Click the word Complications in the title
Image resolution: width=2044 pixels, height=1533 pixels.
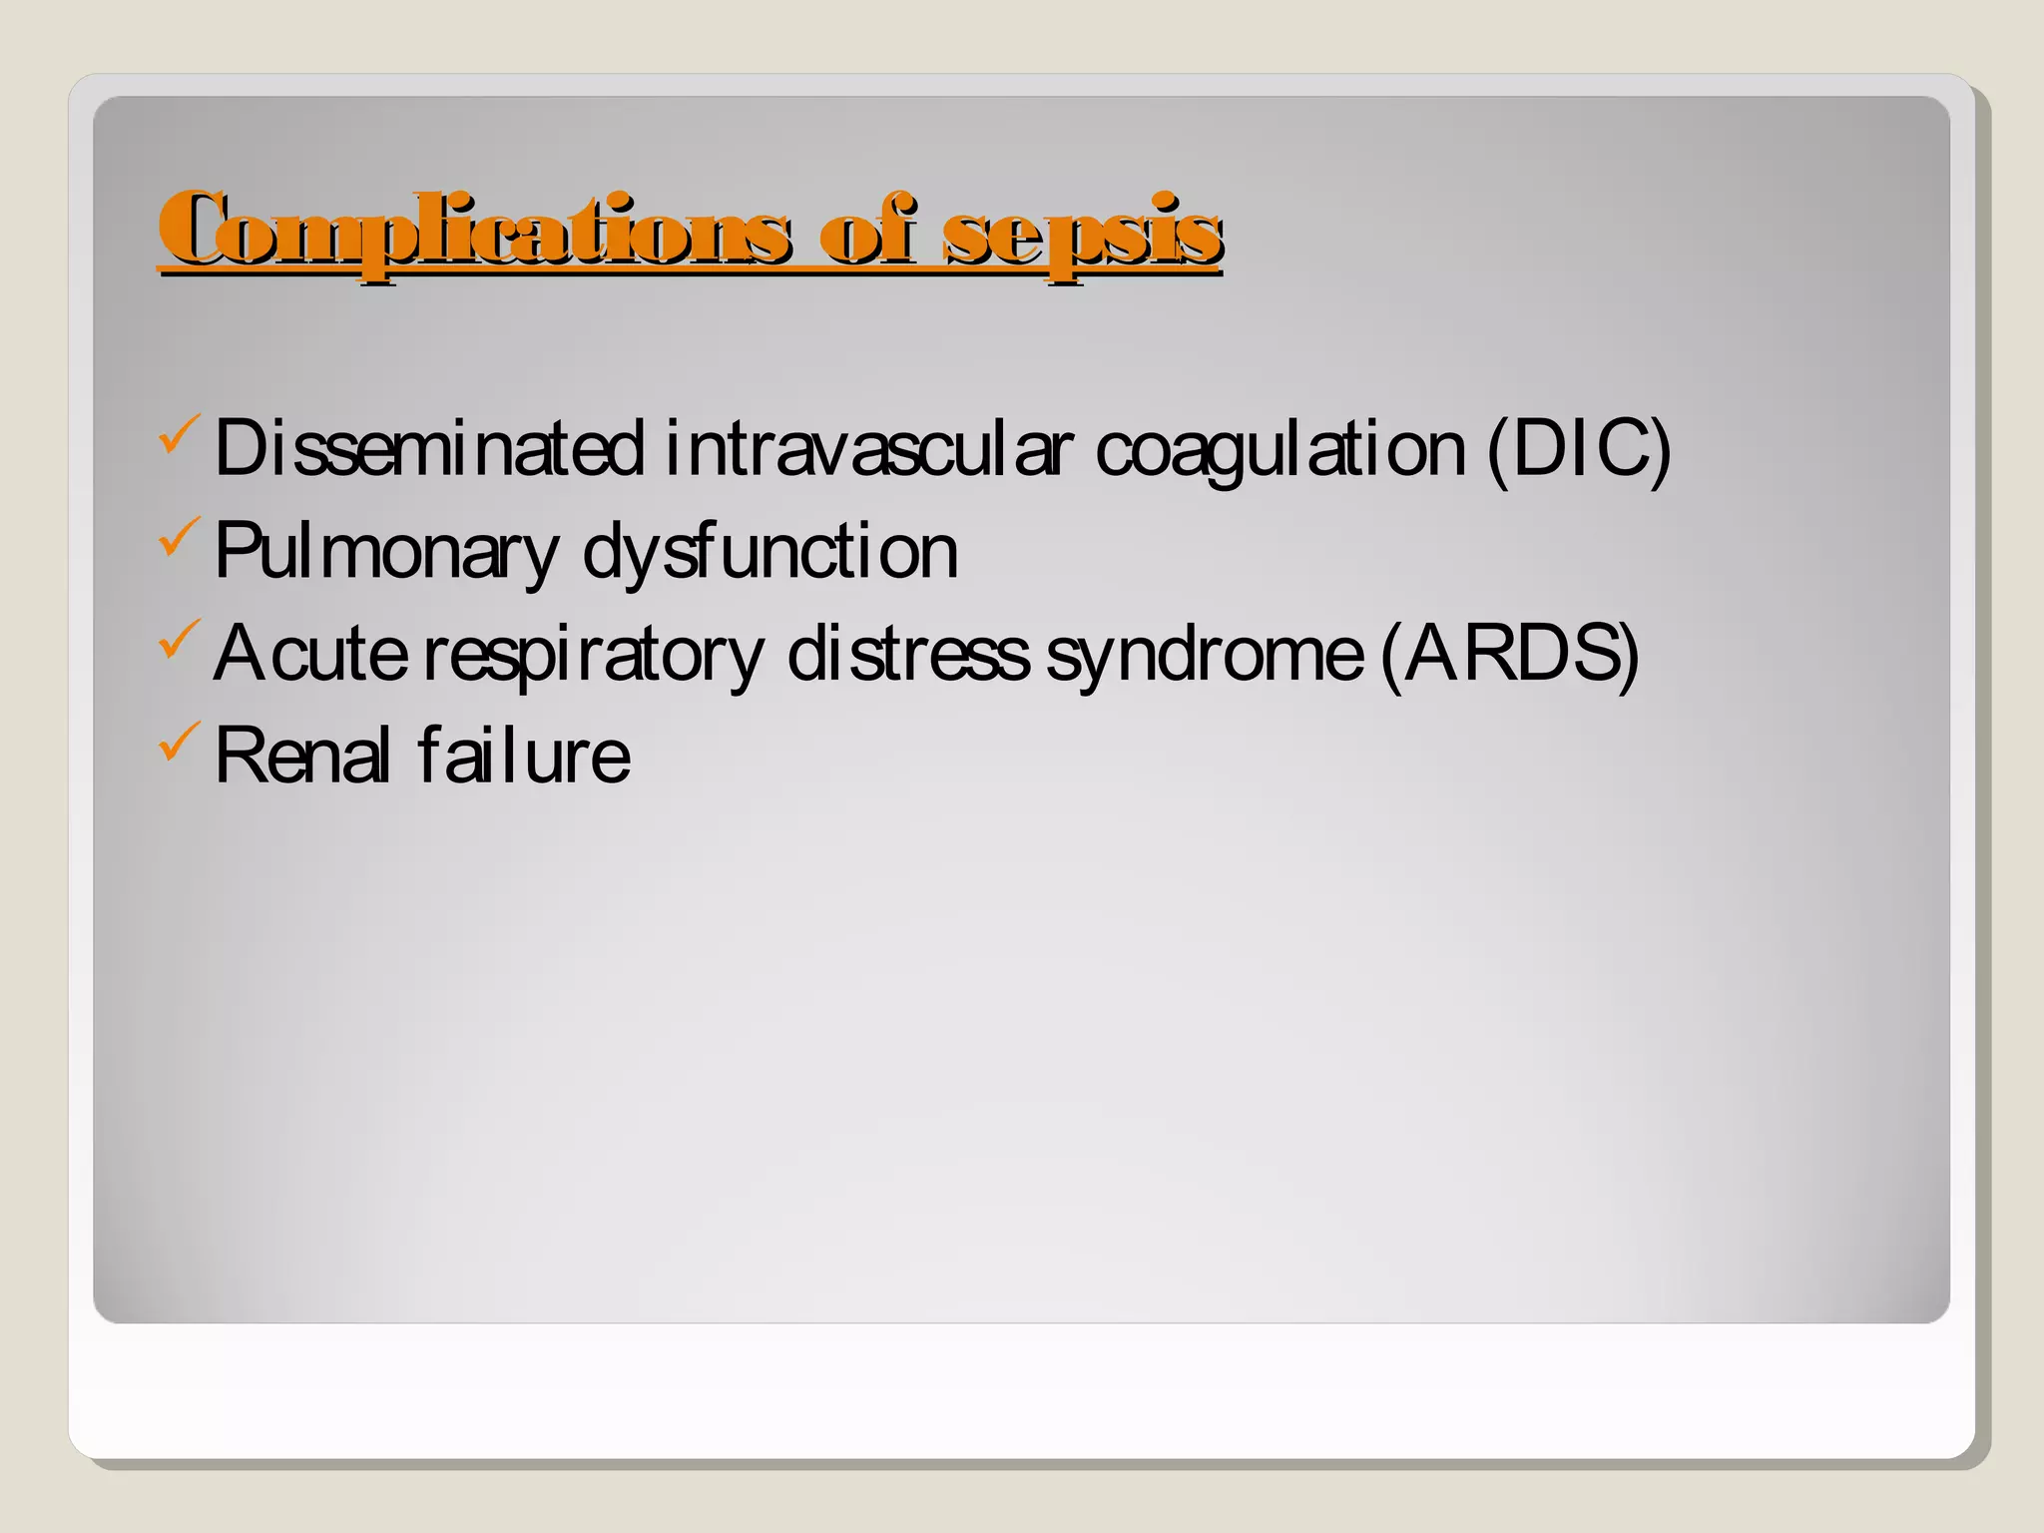coord(475,232)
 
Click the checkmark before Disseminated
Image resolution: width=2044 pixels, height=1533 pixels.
coord(179,436)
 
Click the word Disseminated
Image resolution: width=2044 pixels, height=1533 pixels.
coord(429,448)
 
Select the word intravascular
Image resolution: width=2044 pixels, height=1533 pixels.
coord(868,448)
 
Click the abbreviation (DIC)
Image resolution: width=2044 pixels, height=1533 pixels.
coord(1578,448)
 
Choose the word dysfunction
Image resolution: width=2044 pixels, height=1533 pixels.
coord(769,552)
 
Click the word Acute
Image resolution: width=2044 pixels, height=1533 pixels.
coord(310,654)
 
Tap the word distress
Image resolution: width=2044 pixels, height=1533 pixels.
coord(907,654)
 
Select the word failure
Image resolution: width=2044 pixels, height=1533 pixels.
coord(524,756)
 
